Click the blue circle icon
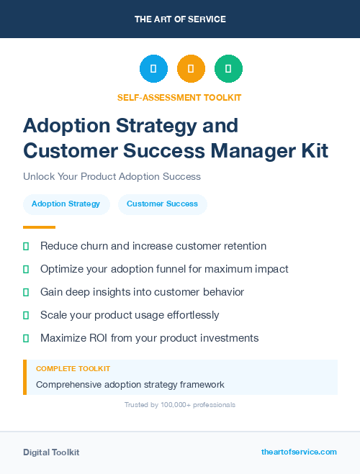click(153, 69)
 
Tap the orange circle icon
click(191, 69)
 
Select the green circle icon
click(228, 69)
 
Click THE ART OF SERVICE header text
click(180, 19)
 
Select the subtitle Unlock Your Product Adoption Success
click(112, 176)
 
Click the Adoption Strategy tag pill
click(66, 204)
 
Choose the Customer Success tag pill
click(162, 204)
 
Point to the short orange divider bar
click(39, 227)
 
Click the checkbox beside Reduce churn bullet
click(26, 247)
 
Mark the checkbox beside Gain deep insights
click(26, 292)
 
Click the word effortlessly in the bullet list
click(185, 315)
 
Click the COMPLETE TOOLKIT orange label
click(73, 369)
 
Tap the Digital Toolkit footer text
click(51, 452)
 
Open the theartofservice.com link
click(299, 452)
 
